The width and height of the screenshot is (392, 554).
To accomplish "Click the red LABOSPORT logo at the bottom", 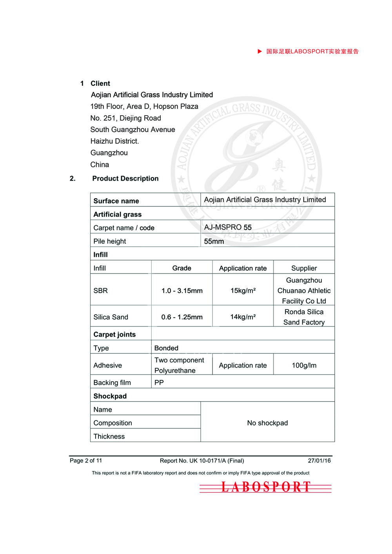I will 266,487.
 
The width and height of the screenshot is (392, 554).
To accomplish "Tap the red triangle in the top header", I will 260,51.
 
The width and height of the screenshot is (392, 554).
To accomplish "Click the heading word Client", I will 100,83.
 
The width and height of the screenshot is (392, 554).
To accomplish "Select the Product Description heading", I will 125,178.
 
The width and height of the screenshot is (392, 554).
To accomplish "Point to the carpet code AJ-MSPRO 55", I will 228,227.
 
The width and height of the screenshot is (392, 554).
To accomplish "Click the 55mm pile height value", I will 214,241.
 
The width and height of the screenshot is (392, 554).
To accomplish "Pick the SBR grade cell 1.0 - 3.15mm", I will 182,291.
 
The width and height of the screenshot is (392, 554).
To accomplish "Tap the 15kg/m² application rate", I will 243,291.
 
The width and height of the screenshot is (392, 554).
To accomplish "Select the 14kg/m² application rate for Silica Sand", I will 243,317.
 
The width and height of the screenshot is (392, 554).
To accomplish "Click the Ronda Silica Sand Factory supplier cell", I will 304,317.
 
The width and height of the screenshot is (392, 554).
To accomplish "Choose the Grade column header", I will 182,268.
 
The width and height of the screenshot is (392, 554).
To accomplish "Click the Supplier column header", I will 304,268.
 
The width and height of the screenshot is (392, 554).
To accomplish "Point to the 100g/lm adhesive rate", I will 304,365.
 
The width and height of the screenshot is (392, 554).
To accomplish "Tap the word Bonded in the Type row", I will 166,348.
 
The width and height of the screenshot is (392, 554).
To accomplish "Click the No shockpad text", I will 267,423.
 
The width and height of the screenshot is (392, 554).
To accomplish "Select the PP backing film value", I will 159,382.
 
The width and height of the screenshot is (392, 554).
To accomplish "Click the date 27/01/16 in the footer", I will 319,461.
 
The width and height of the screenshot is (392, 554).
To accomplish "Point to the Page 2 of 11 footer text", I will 86,461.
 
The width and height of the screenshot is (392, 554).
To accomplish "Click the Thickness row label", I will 109,436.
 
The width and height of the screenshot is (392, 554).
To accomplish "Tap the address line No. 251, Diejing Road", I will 125,118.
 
